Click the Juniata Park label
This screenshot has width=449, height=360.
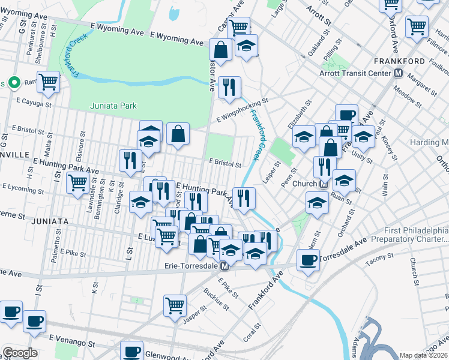click(113, 106)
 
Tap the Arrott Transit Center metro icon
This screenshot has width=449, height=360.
click(397, 73)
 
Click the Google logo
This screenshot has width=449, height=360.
click(20, 353)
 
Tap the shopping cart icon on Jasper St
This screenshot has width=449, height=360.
click(175, 305)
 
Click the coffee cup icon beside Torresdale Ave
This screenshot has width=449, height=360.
click(309, 260)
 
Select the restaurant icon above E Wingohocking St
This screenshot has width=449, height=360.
click(229, 88)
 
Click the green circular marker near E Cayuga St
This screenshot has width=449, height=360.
click(11, 83)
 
